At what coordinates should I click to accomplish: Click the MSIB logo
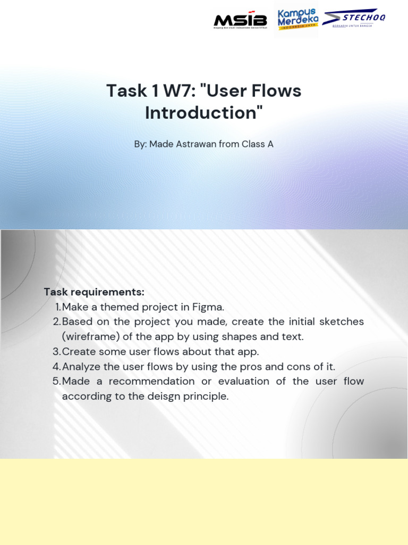coord(240,20)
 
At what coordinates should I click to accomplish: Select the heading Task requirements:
coord(94,292)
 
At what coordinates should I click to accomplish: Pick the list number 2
coord(57,322)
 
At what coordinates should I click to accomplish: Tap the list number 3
coord(57,352)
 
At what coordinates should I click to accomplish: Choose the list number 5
coord(57,382)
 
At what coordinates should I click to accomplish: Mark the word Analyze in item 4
coord(81,367)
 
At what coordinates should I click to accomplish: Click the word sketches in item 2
coord(341,322)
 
